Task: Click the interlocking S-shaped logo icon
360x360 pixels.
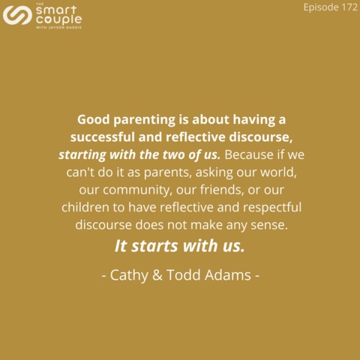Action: click(x=17, y=15)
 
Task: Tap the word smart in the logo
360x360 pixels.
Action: click(x=56, y=10)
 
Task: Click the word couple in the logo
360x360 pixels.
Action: click(x=59, y=20)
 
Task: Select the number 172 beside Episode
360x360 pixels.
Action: click(x=349, y=7)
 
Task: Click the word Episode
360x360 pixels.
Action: click(x=321, y=7)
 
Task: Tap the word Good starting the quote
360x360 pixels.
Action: click(x=94, y=119)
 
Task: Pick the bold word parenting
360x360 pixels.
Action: click(x=145, y=120)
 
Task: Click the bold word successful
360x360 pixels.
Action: click(x=103, y=137)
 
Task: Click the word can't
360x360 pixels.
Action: click(x=80, y=172)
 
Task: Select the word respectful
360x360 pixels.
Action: click(x=272, y=208)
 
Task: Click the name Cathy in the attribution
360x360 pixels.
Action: click(x=129, y=275)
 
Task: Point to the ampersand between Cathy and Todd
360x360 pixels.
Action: click(x=157, y=274)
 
